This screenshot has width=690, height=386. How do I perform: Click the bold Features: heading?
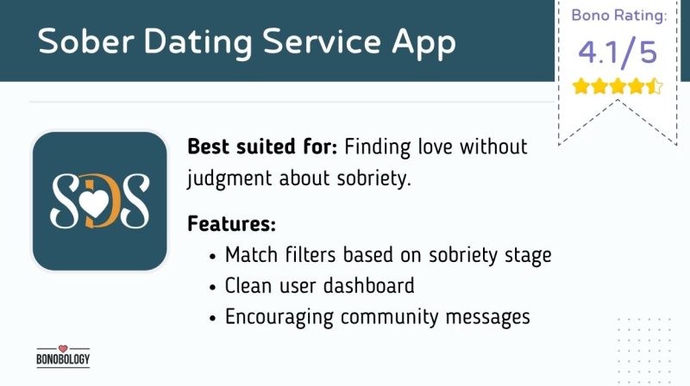[231, 224]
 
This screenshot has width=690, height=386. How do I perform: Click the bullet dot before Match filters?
[212, 256]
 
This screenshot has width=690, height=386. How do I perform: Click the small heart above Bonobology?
[63, 348]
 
